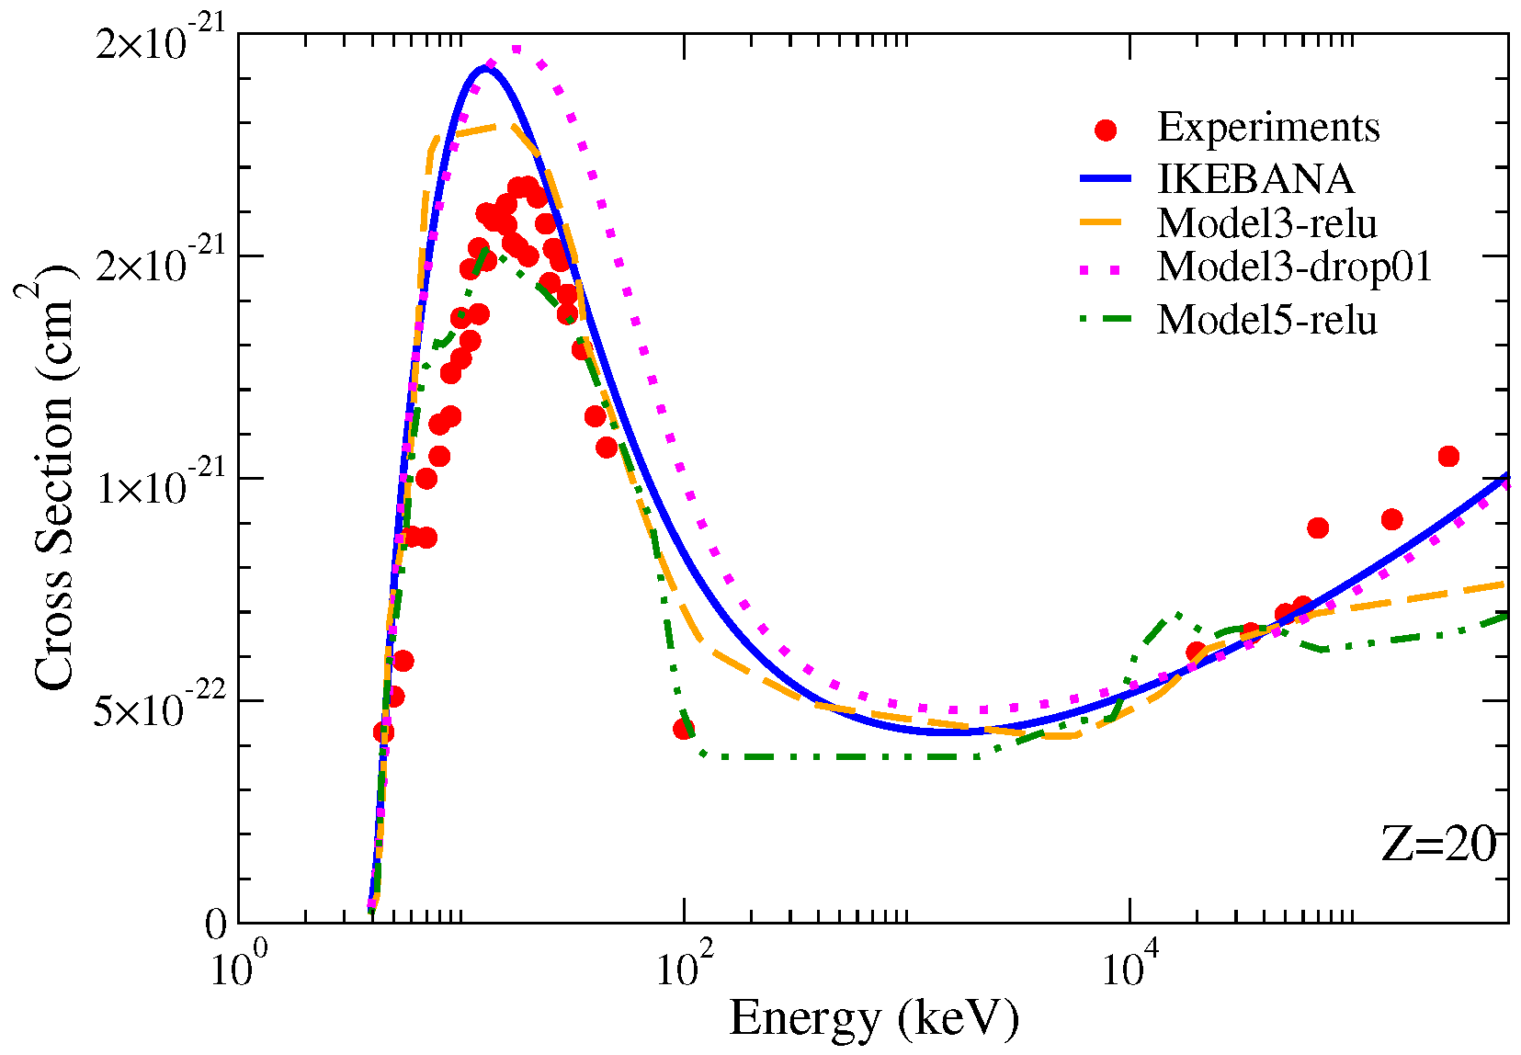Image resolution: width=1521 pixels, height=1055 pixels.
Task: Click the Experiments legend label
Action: tap(1267, 127)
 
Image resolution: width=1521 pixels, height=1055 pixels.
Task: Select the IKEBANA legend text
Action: tap(1255, 178)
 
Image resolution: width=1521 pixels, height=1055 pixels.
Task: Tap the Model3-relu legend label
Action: tap(1266, 223)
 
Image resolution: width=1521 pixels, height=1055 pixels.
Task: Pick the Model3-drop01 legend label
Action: tap(1294, 267)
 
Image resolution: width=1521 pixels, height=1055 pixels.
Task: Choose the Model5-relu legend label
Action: tap(1266, 320)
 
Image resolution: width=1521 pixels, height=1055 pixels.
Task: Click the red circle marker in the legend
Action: tap(1106, 130)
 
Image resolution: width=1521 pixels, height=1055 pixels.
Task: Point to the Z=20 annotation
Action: tap(1438, 843)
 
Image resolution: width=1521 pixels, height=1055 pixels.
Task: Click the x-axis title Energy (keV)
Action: tap(873, 1018)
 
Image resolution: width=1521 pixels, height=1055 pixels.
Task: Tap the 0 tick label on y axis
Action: tap(215, 924)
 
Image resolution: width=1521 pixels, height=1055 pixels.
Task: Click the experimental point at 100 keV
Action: tap(684, 729)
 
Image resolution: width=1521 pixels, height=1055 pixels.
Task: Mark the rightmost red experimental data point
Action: tap(1448, 456)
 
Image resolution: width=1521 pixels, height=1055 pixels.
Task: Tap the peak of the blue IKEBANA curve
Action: tap(483, 68)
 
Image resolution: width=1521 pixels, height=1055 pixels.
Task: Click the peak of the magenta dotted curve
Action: tap(516, 49)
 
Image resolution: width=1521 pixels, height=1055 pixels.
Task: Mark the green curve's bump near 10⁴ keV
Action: tap(1176, 615)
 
